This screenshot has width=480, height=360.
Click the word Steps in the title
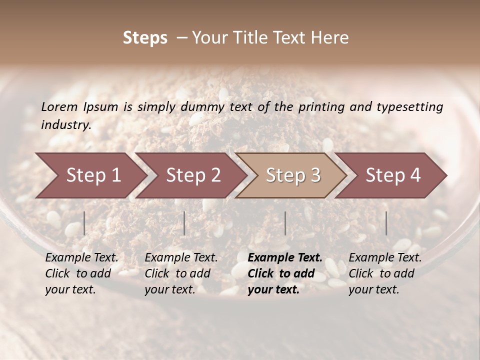tap(145, 38)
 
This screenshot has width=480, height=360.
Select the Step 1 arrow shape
tap(93, 175)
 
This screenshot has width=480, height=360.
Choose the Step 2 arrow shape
tap(193, 175)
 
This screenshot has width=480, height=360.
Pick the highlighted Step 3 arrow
tap(292, 175)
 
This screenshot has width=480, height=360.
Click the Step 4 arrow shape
tap(392, 175)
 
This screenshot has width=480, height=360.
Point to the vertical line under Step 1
tap(84, 223)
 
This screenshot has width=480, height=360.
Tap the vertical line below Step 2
tap(184, 223)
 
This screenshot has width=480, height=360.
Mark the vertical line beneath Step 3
tap(285, 223)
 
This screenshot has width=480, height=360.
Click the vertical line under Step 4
tap(386, 223)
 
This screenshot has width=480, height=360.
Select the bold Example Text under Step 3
tap(285, 258)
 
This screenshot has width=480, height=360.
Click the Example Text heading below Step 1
tap(81, 258)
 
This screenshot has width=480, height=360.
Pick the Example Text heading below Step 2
tap(181, 258)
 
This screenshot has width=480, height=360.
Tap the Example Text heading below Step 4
tap(385, 258)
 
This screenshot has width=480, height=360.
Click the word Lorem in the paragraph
tap(59, 107)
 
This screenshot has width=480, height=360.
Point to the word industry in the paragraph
tap(65, 125)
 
